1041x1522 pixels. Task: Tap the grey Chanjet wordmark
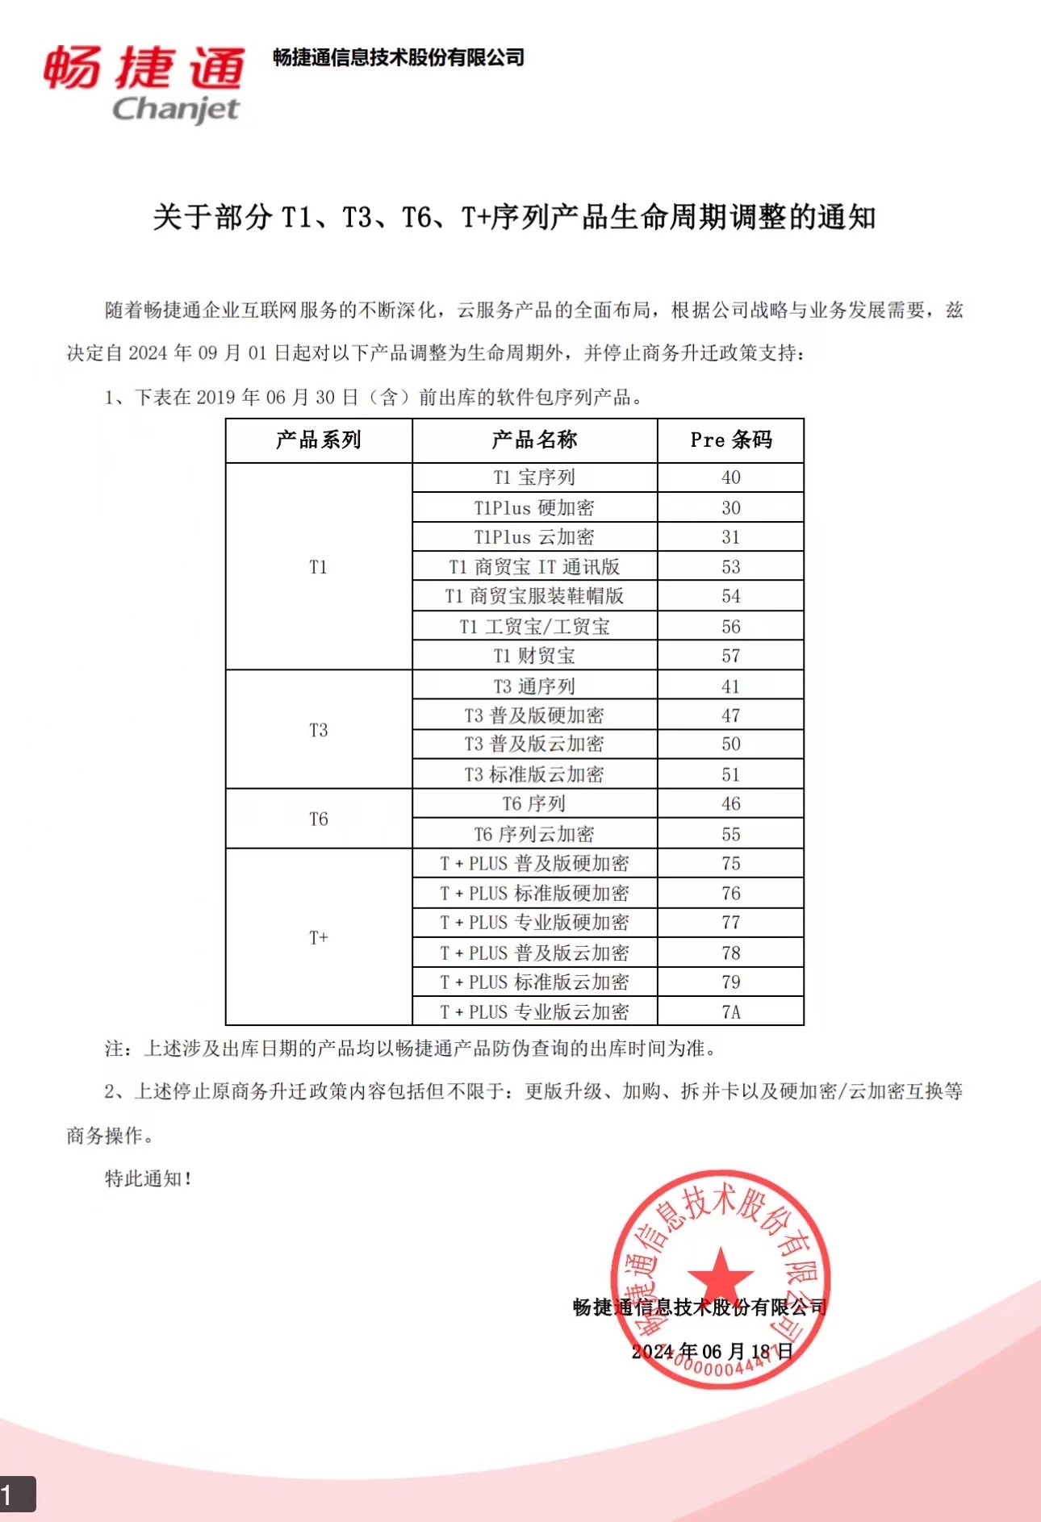coord(176,109)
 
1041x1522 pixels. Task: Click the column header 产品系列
coord(319,440)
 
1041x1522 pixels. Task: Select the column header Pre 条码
coord(731,440)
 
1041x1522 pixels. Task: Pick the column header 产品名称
coord(534,440)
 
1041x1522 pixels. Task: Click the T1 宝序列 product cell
coord(534,477)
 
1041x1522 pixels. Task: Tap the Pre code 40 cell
coord(731,477)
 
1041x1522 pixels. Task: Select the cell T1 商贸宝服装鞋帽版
coord(534,596)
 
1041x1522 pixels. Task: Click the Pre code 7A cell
coord(731,1011)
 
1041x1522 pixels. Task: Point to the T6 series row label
coord(319,819)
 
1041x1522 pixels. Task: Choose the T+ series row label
coord(319,937)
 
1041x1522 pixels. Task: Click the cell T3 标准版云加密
coord(534,774)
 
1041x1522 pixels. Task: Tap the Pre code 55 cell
coord(731,834)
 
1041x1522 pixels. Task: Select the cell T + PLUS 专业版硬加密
coord(534,923)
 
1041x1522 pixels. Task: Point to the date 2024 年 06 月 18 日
coord(713,1351)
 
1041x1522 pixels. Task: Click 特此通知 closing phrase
coord(148,1178)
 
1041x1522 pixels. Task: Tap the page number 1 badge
coord(16,1494)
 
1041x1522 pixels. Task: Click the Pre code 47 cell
coord(731,715)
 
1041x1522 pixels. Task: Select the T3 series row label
coord(319,730)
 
